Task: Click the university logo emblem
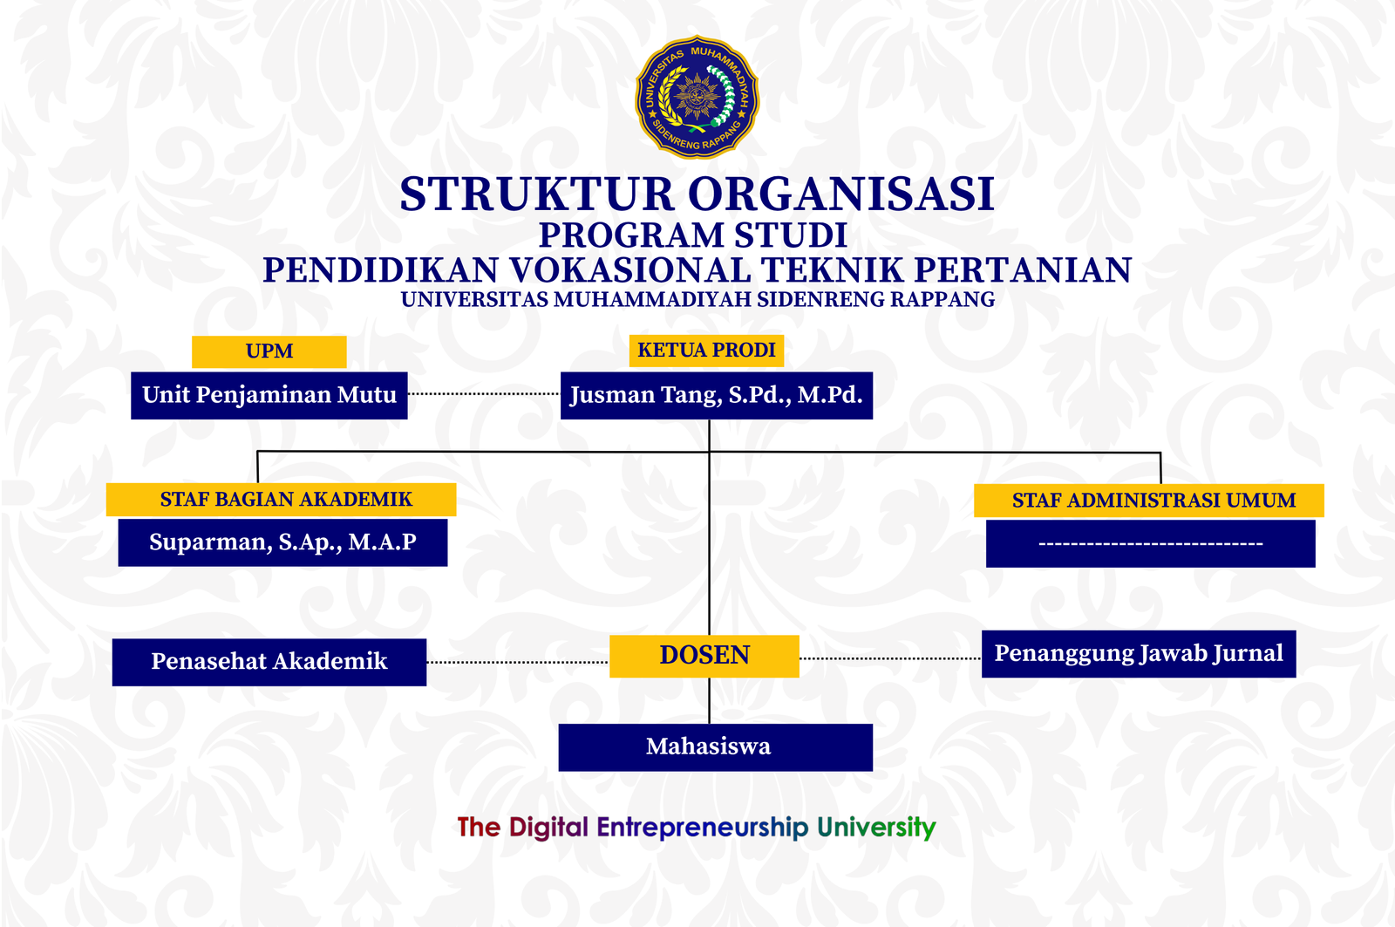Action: pos(697,97)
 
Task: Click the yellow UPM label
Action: pos(269,351)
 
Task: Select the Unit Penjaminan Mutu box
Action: pos(269,396)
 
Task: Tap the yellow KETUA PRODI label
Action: pos(706,351)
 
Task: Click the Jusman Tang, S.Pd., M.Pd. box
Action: pos(716,396)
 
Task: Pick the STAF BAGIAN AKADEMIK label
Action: pos(281,499)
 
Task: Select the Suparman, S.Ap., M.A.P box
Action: pos(282,542)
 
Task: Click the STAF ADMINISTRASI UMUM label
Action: pos(1149,501)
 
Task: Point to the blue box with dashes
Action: pos(1151,544)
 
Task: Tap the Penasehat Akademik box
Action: pos(269,662)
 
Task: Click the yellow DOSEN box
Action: pos(704,656)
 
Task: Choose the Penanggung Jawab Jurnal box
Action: pos(1139,654)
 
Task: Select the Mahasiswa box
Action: pos(716,747)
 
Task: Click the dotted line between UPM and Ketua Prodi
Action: pos(484,393)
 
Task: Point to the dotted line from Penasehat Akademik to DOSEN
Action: pos(518,662)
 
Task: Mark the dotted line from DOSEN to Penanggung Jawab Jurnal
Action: pos(890,658)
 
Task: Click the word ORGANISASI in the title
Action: pos(840,194)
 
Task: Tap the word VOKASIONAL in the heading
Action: pos(630,270)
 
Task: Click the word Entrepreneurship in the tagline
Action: pos(702,828)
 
